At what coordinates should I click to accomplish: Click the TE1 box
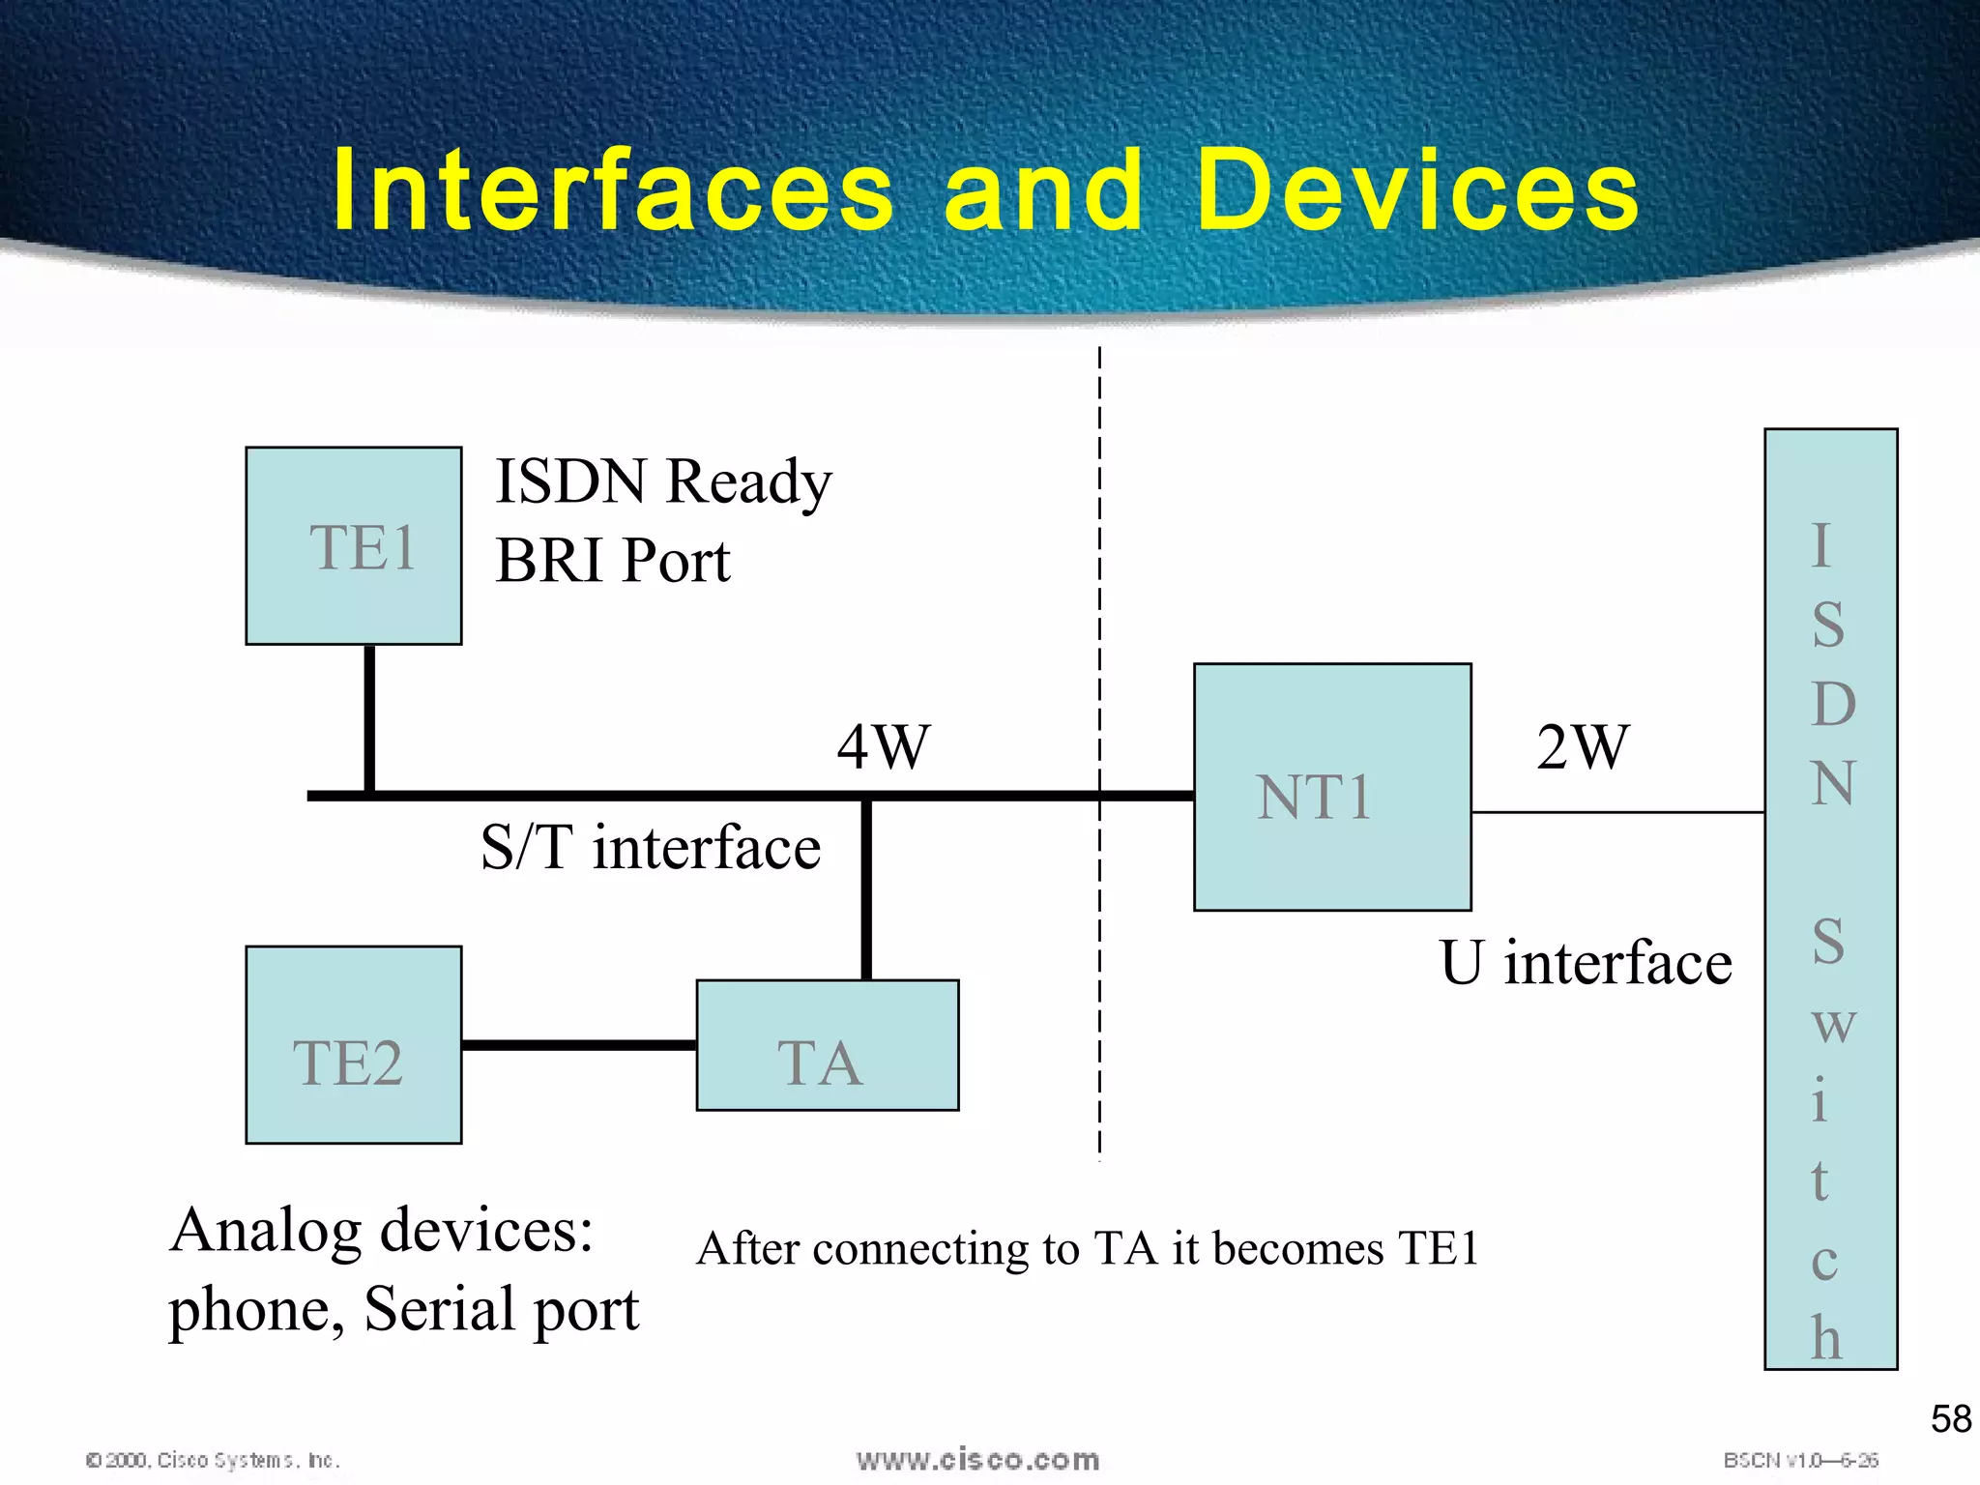pos(354,546)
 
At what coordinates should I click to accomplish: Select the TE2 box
pos(354,1045)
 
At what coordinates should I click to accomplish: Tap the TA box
pos(828,1046)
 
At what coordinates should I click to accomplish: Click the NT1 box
pos(1332,787)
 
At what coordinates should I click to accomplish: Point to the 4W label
pos(883,746)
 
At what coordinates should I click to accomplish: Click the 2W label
pos(1583,746)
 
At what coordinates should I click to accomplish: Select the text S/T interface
pos(651,848)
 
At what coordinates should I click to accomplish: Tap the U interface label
pos(1586,963)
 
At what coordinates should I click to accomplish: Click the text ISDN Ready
pos(663,481)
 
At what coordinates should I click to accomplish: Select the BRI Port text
pos(612,561)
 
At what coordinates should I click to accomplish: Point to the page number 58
pos(1950,1419)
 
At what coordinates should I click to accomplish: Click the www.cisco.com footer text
pos(977,1460)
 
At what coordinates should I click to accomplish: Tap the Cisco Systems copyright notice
pos(213,1460)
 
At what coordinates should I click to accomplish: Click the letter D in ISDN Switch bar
pos(1832,704)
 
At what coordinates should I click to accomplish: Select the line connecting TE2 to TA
pos(578,1045)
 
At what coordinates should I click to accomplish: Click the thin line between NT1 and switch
pos(1617,812)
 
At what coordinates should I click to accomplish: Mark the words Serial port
pos(502,1309)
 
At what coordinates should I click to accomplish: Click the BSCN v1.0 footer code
pos(1800,1460)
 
